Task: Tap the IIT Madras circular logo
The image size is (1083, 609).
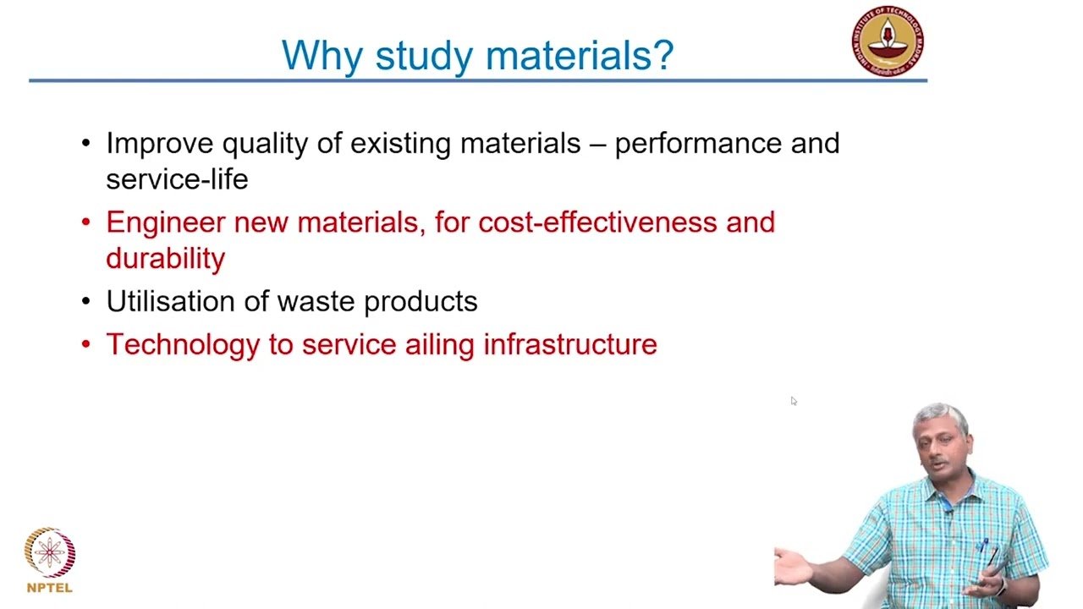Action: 888,41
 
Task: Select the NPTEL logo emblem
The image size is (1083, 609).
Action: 50,553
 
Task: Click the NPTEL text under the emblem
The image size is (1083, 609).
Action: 50,588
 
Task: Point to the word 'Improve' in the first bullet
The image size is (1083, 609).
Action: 160,144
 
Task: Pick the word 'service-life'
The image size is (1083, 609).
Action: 177,179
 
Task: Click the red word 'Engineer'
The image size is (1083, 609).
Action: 166,222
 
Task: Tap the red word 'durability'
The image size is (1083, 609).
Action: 166,258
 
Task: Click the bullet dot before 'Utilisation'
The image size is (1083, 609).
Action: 85,301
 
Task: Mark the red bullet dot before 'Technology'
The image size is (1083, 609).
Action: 85,343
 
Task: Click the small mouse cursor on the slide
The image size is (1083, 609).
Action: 794,401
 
